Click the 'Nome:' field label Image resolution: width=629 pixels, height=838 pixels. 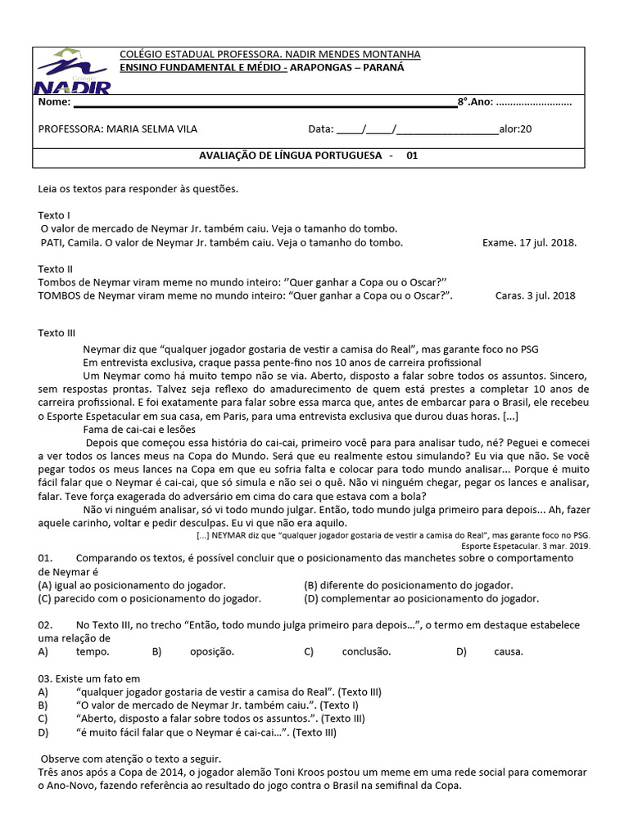pyautogui.click(x=54, y=102)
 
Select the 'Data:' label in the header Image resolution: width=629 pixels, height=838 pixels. pyautogui.click(x=321, y=129)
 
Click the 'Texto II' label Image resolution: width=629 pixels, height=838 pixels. pyautogui.click(x=56, y=268)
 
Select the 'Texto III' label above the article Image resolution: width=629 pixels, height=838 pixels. pyautogui.click(x=57, y=333)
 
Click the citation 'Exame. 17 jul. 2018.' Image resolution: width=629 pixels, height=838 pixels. pyautogui.click(x=529, y=243)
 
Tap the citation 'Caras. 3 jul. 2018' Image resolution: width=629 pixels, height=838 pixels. pyautogui.click(x=535, y=296)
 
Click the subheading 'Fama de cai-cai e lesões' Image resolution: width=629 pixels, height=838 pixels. pyautogui.click(x=142, y=427)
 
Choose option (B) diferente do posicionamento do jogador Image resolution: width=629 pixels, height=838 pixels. pyautogui.click(x=408, y=585)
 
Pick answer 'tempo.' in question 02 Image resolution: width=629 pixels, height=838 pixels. pyautogui.click(x=93, y=652)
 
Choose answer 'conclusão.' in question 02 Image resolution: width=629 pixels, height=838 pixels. pyautogui.click(x=366, y=652)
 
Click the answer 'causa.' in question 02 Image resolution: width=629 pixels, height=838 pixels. pyautogui.click(x=508, y=652)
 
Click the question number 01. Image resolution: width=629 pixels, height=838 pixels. pyautogui.click(x=45, y=558)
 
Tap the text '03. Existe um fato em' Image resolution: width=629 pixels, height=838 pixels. pyautogui.click(x=89, y=678)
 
